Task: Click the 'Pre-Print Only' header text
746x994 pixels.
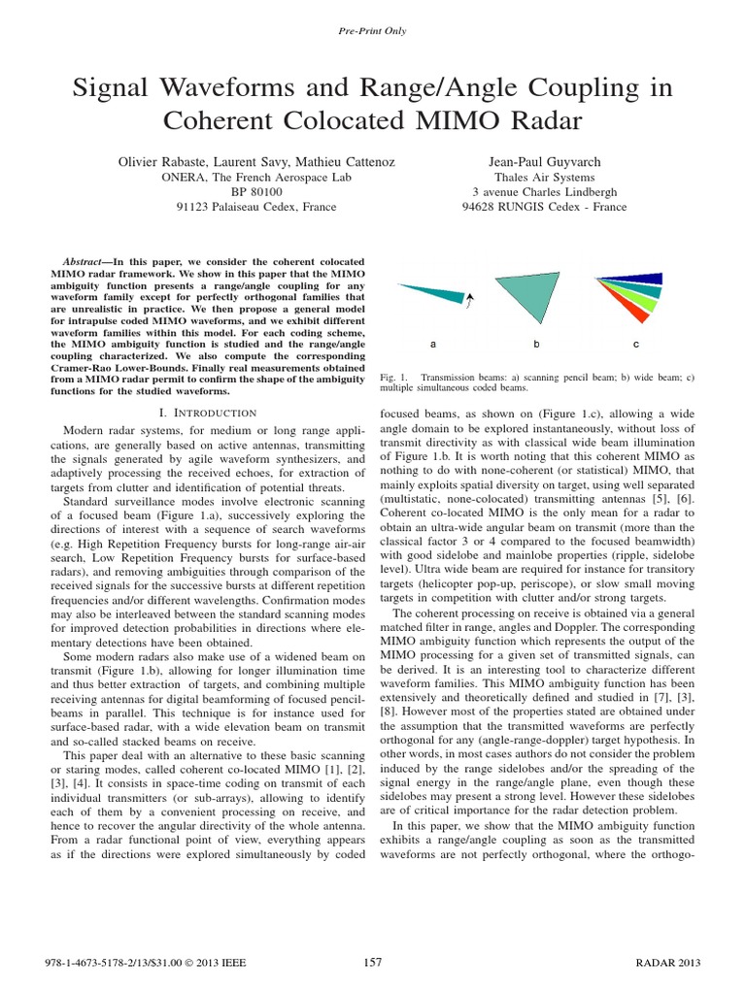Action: (373, 31)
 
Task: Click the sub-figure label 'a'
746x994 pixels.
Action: (432, 345)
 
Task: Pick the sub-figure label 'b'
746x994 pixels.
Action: (536, 345)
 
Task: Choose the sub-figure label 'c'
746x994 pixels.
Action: (635, 345)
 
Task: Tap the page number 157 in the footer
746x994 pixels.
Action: (373, 962)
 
